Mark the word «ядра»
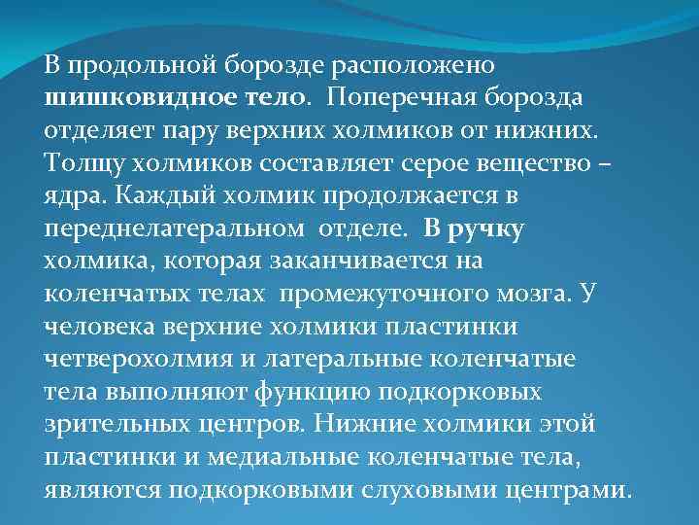click(74, 195)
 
